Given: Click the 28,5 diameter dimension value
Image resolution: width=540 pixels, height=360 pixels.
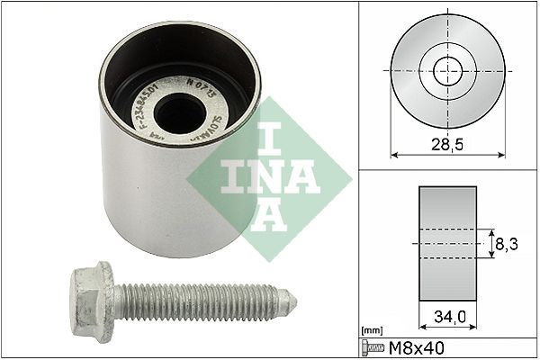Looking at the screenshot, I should pos(445,143).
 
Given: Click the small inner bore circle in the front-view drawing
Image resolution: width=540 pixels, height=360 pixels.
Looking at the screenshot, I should pos(445,68).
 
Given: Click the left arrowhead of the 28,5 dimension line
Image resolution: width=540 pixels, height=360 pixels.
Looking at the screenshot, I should pos(394,154).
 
